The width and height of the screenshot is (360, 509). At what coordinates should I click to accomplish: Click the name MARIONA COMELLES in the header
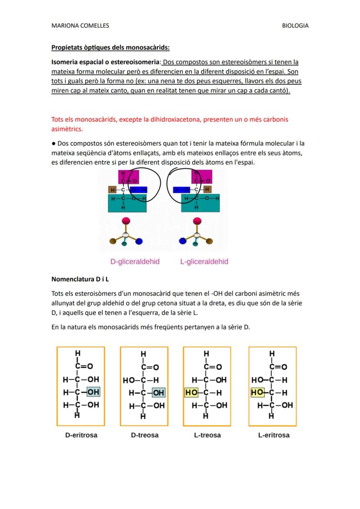(80, 26)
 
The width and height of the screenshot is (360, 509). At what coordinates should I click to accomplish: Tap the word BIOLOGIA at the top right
(295, 26)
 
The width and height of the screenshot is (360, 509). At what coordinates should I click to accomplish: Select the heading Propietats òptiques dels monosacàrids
(110, 47)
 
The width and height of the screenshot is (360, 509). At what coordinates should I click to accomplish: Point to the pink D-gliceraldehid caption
(135, 262)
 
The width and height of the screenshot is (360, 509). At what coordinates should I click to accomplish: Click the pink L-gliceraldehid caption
(204, 262)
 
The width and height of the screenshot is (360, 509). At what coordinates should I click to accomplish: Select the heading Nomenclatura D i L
(80, 279)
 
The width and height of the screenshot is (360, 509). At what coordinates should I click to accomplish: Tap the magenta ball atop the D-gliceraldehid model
(126, 221)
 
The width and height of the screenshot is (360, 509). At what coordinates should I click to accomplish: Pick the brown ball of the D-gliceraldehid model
(113, 240)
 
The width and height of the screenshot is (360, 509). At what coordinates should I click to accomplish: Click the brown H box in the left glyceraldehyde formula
(113, 190)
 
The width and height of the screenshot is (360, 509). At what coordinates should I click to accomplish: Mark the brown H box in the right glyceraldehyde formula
(207, 190)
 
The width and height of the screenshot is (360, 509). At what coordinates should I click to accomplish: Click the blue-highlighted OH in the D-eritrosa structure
(93, 392)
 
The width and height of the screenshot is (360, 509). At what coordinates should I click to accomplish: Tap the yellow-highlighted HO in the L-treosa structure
(191, 393)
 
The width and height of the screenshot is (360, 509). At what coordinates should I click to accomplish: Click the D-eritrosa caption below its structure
(81, 435)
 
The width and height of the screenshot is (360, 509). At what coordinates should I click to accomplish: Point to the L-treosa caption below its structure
(207, 435)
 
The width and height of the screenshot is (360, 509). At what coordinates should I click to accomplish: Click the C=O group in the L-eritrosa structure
(278, 367)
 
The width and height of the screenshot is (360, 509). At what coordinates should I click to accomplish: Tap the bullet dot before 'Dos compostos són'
(53, 143)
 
